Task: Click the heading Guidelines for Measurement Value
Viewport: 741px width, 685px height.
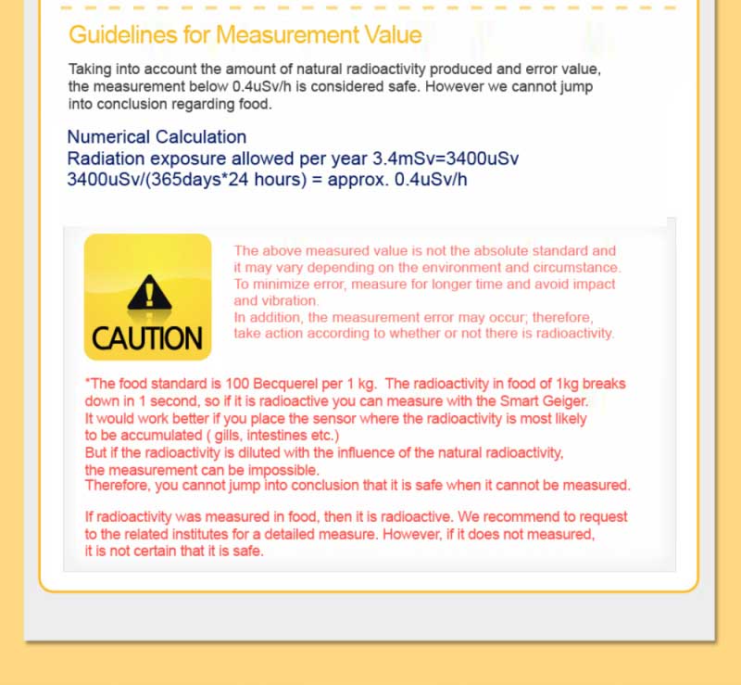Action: click(245, 35)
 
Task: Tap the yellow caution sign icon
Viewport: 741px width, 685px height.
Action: click(147, 297)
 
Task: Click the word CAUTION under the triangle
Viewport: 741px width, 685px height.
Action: click(147, 338)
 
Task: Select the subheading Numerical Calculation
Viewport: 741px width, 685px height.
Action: click(157, 137)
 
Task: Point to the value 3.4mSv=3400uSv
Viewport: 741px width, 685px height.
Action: click(445, 159)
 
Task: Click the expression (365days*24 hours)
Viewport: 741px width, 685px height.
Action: click(226, 179)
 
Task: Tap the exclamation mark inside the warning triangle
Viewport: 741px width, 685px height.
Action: click(147, 296)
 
